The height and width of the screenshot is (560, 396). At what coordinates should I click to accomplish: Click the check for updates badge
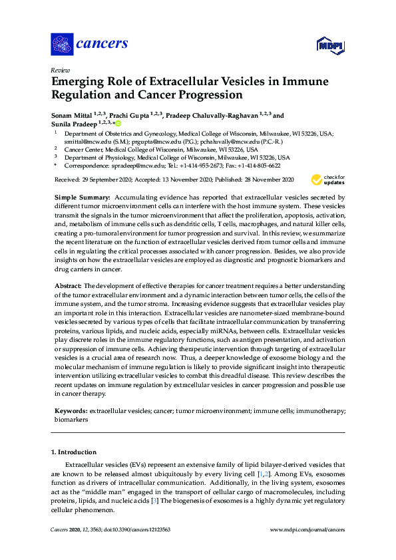click(x=327, y=180)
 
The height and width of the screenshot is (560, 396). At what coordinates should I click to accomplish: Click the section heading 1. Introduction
click(x=74, y=452)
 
